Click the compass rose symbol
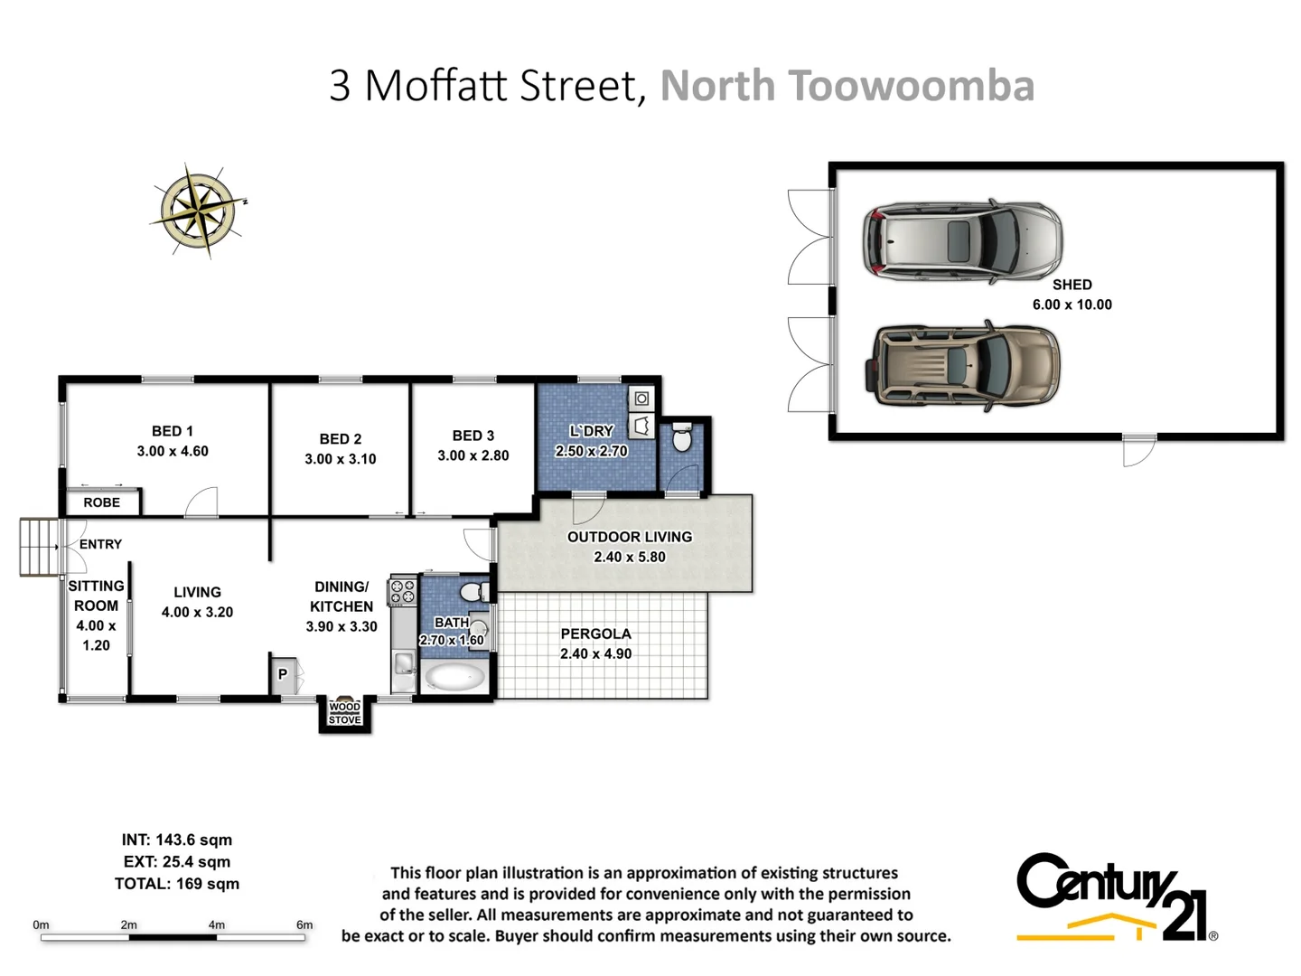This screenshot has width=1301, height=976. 200,210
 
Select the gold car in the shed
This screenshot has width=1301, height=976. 962,365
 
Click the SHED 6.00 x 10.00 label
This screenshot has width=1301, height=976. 1072,295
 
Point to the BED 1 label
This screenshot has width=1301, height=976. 172,431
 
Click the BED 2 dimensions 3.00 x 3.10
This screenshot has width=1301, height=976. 340,459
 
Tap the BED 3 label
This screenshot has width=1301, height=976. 473,436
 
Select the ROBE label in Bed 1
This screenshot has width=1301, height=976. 101,502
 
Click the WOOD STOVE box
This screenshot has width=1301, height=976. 344,713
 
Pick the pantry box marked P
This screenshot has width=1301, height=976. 283,674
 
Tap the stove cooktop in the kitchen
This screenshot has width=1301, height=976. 402,592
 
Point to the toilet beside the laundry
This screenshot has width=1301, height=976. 682,440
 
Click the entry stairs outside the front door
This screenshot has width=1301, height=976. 37,547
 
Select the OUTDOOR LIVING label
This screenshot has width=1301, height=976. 629,537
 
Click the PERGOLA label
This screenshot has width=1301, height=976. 595,633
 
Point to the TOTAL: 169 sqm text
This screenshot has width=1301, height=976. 177,884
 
